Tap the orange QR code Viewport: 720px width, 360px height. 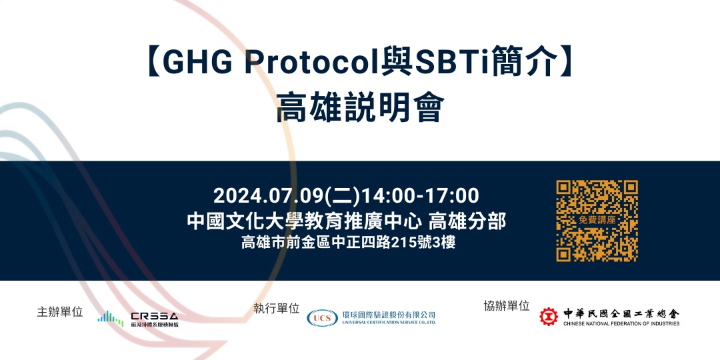tap(597, 221)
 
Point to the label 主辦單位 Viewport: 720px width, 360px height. tap(60, 311)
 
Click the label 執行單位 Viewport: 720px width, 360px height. tap(276, 308)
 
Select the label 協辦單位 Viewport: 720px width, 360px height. tap(507, 306)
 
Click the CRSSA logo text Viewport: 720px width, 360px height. tap(155, 315)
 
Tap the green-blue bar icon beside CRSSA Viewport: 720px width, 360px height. tap(110, 318)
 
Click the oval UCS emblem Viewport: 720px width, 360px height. tap(322, 318)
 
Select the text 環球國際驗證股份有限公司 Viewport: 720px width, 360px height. tap(388, 314)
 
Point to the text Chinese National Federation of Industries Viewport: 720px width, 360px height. tap(621, 324)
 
